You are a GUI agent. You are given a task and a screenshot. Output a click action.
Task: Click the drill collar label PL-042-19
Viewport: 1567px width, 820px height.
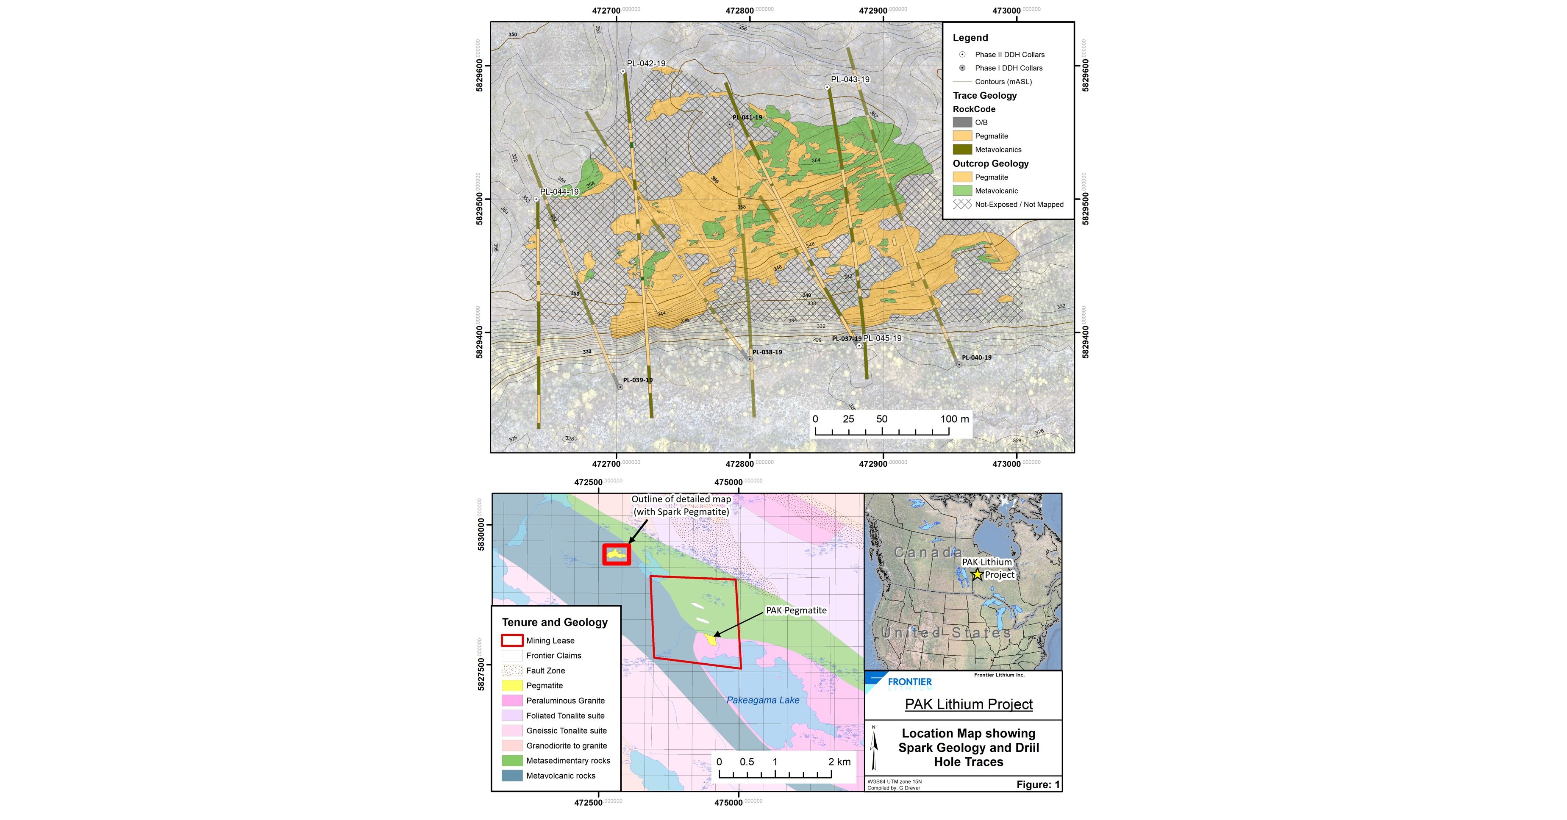point(646,63)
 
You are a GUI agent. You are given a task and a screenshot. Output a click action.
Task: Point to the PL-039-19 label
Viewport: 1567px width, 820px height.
point(637,380)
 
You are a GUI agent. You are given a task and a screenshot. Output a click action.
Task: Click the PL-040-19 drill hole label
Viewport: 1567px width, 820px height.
point(976,357)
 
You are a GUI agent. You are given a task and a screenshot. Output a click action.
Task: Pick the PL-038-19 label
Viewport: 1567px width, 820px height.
point(767,352)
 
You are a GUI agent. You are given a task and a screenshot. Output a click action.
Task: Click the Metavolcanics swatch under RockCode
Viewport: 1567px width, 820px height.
point(962,150)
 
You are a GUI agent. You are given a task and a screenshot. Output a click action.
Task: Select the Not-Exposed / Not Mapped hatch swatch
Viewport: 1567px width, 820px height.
point(962,204)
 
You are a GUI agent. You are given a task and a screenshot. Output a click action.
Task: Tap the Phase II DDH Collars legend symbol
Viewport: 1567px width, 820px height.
point(962,55)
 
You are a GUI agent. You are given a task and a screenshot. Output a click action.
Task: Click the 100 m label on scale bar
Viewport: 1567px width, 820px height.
point(954,419)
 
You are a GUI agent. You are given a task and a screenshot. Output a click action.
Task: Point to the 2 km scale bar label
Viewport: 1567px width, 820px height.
point(839,762)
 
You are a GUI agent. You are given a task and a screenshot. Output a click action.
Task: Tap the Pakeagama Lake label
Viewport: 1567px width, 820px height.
point(763,700)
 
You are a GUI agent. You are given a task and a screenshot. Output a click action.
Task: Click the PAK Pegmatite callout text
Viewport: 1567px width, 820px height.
point(796,610)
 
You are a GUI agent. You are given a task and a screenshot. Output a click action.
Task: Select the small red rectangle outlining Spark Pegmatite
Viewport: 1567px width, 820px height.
point(616,554)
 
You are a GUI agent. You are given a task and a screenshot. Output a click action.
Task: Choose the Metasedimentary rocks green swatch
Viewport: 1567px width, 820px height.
point(512,760)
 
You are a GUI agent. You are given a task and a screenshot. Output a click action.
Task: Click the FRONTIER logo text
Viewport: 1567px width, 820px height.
point(909,682)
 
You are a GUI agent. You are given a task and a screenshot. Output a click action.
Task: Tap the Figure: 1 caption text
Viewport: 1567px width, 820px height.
point(1038,784)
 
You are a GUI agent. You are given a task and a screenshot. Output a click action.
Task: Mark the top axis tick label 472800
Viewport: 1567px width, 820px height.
point(740,10)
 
